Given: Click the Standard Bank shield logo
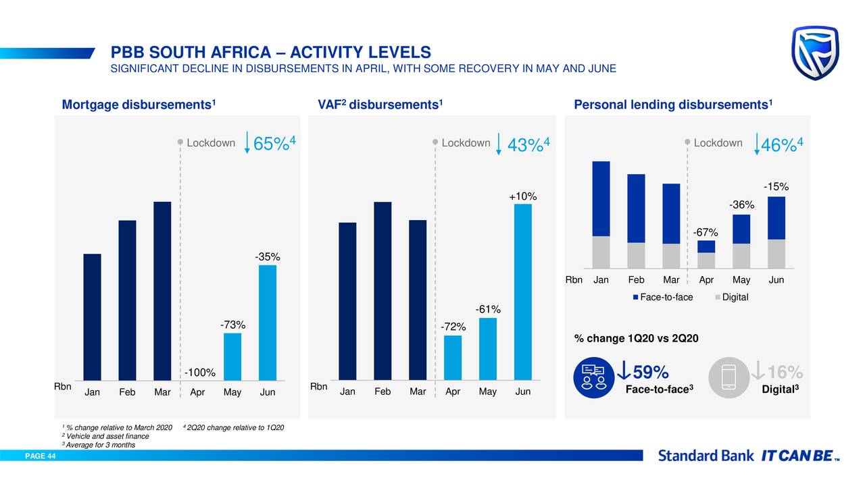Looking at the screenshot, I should tap(816, 53).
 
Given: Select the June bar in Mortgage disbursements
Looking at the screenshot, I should tap(268, 323).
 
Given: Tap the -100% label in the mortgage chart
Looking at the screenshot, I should tap(201, 373).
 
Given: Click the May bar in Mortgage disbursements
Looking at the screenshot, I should tap(232, 356).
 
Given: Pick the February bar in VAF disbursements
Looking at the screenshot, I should tap(382, 291).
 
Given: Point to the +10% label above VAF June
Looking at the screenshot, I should tap(523, 196).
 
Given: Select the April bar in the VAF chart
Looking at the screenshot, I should tap(453, 358).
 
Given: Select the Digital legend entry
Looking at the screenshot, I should tap(731, 298).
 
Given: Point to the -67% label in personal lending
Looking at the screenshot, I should tap(706, 233).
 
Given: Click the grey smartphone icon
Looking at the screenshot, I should tap(728, 378).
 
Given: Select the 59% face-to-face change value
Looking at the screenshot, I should tap(650, 373).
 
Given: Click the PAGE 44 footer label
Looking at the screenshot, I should tap(41, 456).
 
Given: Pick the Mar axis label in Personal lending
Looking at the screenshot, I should tap(671, 280).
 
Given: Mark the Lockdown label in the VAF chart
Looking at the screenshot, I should tap(466, 143).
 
